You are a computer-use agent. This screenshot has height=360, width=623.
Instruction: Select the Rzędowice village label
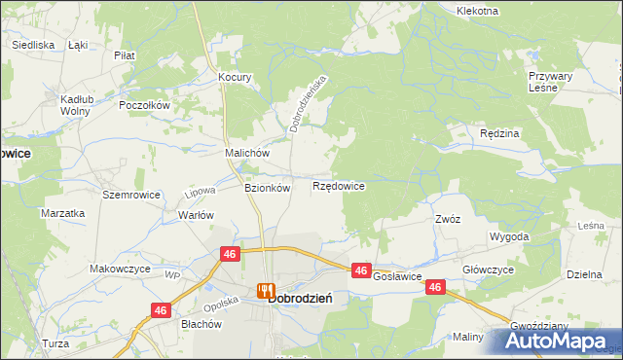tap(339, 185)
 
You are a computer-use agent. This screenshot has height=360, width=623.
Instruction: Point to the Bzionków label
tap(267, 189)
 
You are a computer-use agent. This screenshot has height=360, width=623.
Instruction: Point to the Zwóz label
tap(448, 219)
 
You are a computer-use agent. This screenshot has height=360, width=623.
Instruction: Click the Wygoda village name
tap(509, 236)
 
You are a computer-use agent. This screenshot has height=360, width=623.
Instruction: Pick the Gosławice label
tap(397, 277)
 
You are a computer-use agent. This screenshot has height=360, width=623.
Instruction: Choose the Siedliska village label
tap(32, 45)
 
